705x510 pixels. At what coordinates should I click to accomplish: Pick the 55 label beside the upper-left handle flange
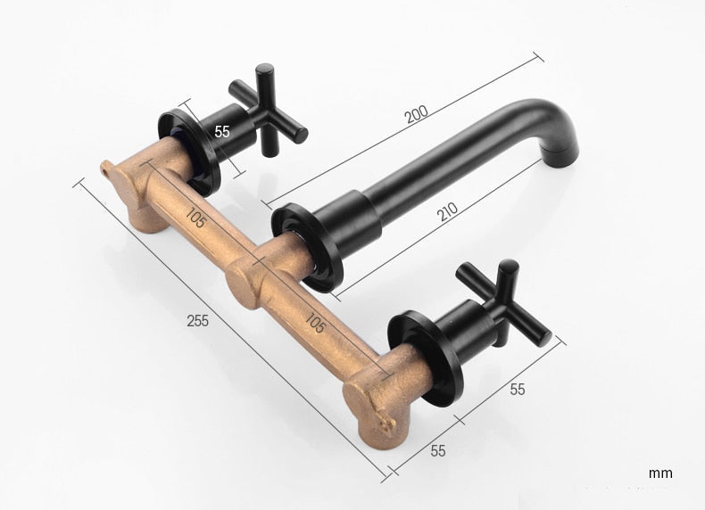[x=222, y=130]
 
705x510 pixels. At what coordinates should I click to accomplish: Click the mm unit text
[x=660, y=473]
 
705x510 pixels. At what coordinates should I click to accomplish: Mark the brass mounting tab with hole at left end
[x=110, y=167]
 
